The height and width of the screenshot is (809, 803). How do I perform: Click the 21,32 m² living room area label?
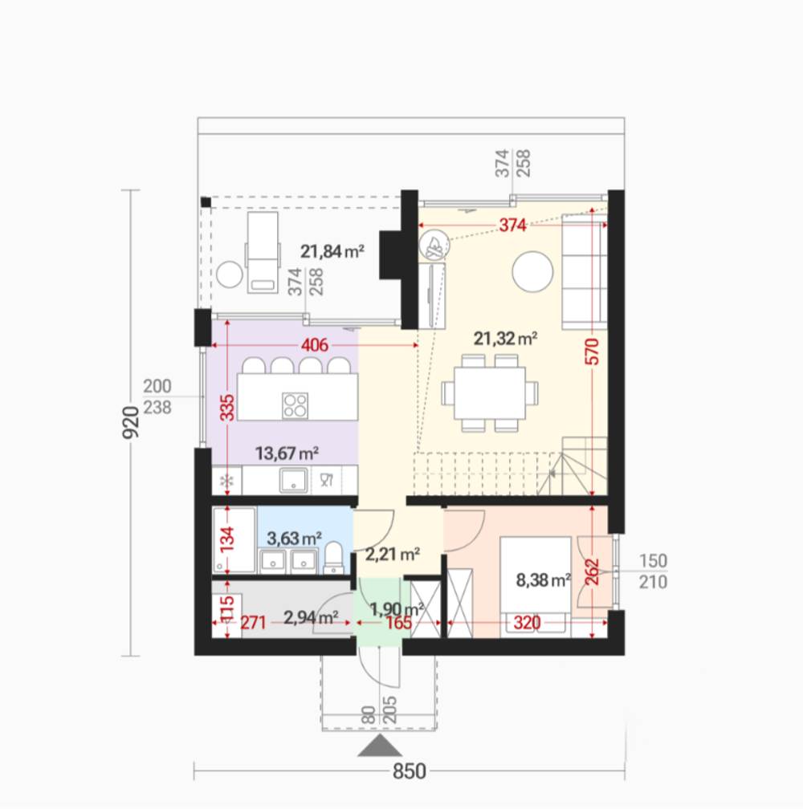point(505,339)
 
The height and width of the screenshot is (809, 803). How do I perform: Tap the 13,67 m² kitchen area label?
point(287,453)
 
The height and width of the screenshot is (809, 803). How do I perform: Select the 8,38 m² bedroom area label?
point(543,580)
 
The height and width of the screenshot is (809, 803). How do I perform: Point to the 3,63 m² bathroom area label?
point(294,538)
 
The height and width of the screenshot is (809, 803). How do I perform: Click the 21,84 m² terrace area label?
point(332,251)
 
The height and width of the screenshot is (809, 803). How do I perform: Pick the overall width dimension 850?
point(410,771)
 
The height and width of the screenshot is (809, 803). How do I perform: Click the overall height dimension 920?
point(131,422)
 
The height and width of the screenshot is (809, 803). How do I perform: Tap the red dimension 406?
point(314,344)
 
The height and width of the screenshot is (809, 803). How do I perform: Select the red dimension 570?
point(593,352)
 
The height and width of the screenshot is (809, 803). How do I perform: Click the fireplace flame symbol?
point(434,245)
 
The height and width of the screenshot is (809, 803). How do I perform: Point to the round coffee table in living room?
point(532,271)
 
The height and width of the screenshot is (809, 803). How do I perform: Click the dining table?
point(490,392)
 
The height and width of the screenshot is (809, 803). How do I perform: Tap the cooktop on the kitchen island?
point(296,405)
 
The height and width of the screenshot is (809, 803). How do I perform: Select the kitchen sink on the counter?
point(294,481)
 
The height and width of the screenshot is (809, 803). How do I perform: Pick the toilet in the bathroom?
point(333,557)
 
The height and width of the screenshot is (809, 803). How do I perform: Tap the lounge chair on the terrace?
point(263,252)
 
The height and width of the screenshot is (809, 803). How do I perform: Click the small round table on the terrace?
point(230,274)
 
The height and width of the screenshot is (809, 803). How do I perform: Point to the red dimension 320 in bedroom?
point(527,623)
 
